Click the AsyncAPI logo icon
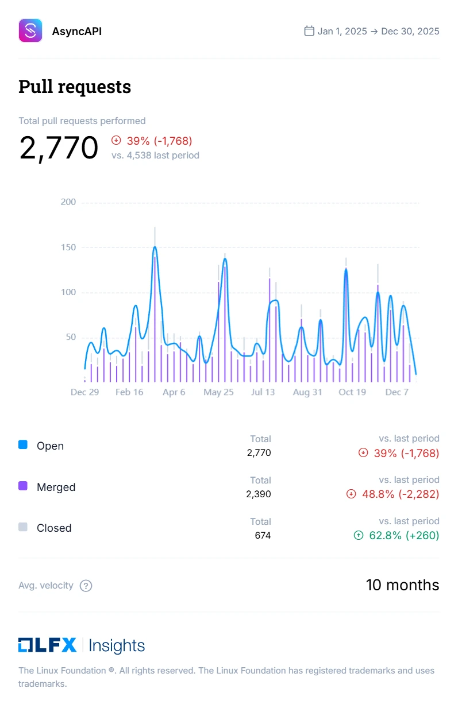tap(30, 30)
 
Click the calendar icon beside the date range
tap(309, 31)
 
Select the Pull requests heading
tap(75, 87)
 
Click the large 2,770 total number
tap(59, 148)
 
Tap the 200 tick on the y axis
tap(68, 202)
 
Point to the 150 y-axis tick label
tap(68, 247)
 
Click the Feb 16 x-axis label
tap(129, 392)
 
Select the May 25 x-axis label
tap(218, 392)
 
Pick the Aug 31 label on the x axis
tap(307, 392)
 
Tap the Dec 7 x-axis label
tap(397, 392)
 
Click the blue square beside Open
tap(23, 444)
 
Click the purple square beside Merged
tap(23, 486)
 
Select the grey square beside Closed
tap(23, 527)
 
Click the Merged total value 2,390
tap(259, 494)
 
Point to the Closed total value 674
tap(263, 535)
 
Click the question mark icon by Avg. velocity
tap(86, 586)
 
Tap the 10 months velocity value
tap(402, 585)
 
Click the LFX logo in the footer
tap(47, 645)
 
